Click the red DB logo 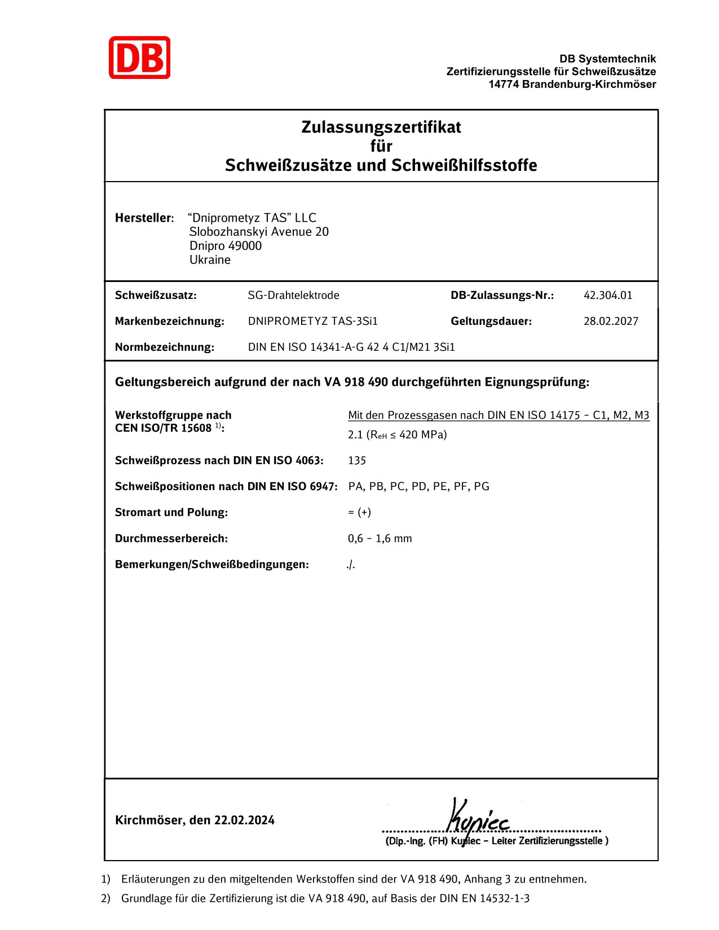(x=139, y=58)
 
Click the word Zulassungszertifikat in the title (x=381, y=127)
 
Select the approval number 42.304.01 (x=608, y=295)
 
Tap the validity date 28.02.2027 (x=611, y=321)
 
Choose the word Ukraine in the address (x=210, y=260)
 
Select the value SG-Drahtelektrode (x=293, y=295)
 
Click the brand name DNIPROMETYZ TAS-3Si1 (x=312, y=321)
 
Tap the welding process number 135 (x=357, y=460)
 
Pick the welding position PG (x=482, y=486)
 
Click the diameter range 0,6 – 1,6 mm (x=380, y=539)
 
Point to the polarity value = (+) (x=359, y=512)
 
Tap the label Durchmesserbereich (x=171, y=539)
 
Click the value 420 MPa (x=423, y=434)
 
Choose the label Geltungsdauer (x=491, y=321)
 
